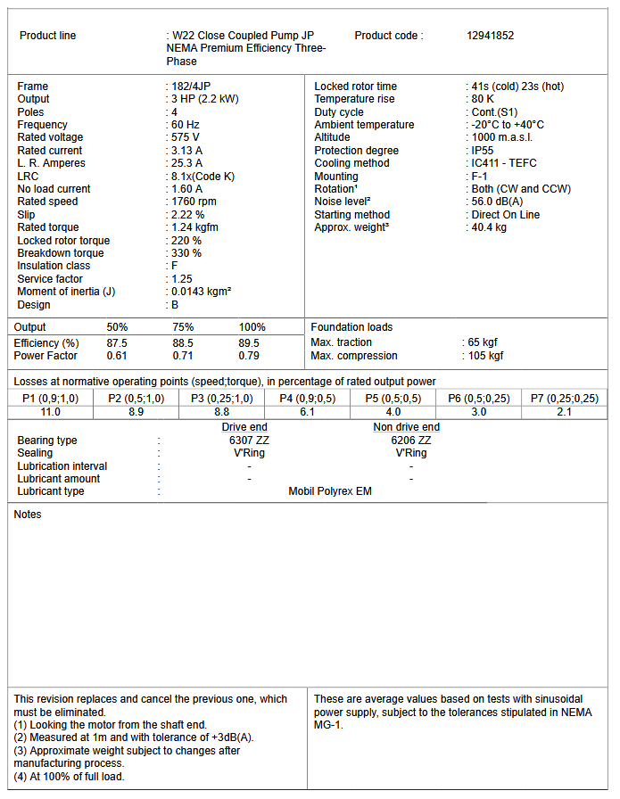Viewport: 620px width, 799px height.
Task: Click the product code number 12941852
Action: [490, 36]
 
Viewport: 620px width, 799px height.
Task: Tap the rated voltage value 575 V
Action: [186, 137]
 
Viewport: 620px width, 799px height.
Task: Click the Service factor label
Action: [49, 279]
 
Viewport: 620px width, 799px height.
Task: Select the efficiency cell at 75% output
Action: [183, 343]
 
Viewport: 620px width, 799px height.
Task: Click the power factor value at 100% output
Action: [249, 356]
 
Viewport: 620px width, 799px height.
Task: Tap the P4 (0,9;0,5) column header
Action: [307, 399]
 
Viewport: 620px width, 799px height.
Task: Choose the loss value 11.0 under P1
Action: [51, 412]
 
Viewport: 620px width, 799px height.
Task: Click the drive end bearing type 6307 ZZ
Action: [248, 441]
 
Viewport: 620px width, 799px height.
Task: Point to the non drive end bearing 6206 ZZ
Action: [410, 441]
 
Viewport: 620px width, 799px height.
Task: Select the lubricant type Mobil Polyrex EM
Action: [330, 491]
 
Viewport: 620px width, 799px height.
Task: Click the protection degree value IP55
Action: [484, 151]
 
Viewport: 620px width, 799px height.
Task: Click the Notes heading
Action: [28, 515]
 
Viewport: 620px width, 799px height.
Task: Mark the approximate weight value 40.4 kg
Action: [489, 227]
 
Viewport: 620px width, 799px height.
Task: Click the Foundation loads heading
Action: [351, 327]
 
